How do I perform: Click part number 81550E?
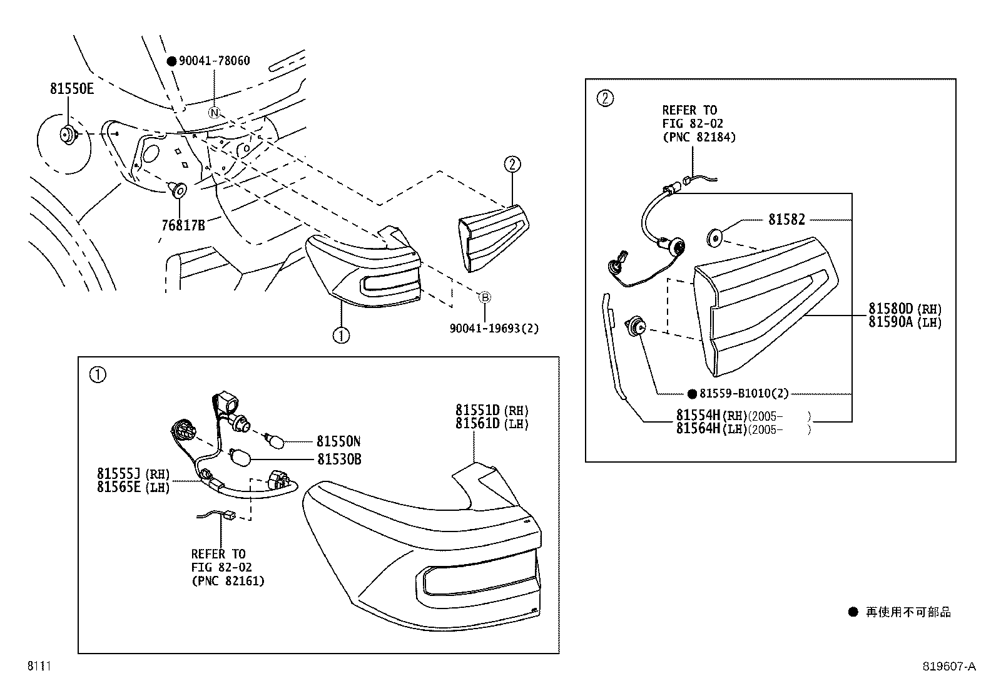72,89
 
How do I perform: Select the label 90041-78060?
214,61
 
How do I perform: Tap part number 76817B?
183,225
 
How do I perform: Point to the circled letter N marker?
215,113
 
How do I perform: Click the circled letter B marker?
485,297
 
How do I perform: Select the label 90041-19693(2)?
494,328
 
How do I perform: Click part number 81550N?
338,441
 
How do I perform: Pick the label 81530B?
338,460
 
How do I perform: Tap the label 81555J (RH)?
133,474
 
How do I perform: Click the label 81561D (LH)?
492,424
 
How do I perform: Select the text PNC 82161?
228,581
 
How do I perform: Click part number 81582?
786,220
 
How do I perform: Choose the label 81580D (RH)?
905,309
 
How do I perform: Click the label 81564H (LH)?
743,429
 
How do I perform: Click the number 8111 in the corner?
38,667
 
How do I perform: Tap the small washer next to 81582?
714,237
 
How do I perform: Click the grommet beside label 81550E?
66,133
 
